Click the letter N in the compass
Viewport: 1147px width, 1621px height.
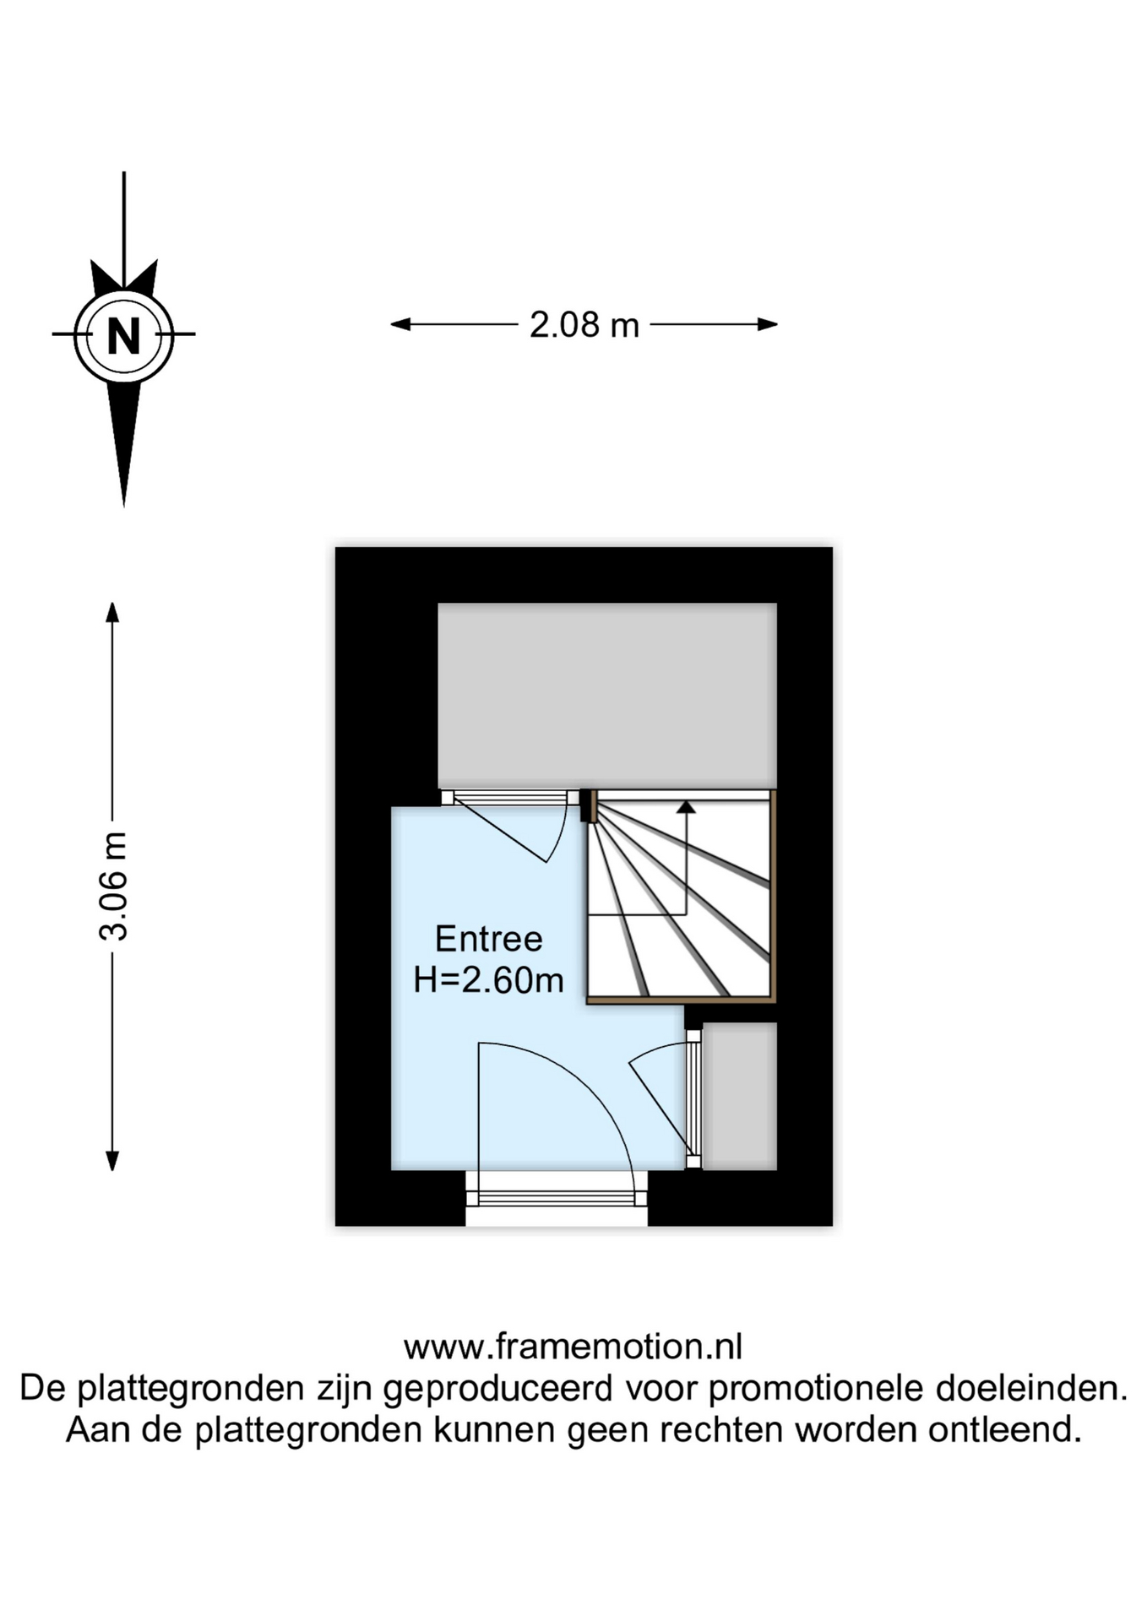coord(123,335)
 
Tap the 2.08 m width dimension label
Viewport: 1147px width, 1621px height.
coord(584,325)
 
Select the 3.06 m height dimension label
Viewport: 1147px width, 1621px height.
coord(113,886)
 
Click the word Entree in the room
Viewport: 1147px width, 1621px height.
coord(488,939)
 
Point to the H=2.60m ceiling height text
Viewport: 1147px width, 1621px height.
coord(488,980)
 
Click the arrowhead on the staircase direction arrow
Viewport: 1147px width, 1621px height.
coord(686,807)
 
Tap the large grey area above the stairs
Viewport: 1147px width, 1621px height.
coord(606,696)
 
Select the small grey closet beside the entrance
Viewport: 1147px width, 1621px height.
coord(739,1096)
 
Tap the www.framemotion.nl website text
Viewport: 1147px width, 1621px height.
coord(573,1347)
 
